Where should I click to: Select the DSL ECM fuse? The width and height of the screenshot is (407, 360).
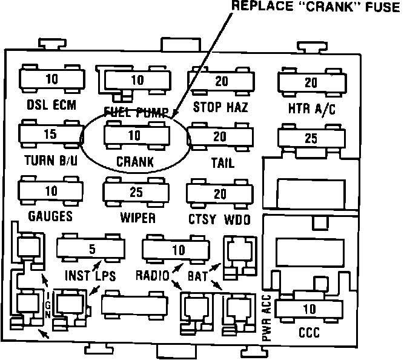coord(51,79)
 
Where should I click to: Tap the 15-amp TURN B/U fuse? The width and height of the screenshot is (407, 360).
coord(51,133)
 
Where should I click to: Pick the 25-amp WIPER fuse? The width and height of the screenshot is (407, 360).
coord(136,192)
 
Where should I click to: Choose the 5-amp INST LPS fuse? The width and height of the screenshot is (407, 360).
coord(91,248)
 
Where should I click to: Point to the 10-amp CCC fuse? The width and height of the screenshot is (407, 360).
coord(309,309)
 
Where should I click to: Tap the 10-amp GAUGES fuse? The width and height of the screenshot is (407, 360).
coord(51,191)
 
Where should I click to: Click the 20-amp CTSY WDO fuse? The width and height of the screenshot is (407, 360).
coord(220,194)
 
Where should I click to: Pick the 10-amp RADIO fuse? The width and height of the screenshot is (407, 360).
coord(177,249)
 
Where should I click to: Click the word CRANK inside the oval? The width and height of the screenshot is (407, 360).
coord(135,162)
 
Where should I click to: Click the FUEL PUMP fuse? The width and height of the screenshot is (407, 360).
coord(137,80)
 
